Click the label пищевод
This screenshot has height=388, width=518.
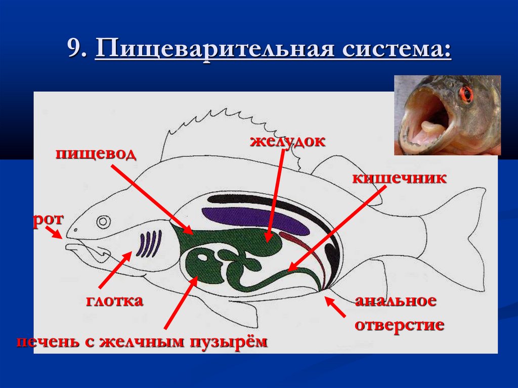click(x=96, y=153)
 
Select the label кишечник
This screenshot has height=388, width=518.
click(x=399, y=178)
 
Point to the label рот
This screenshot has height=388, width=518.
click(x=49, y=220)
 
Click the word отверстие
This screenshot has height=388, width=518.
click(x=399, y=324)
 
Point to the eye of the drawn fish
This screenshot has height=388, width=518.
click(x=104, y=222)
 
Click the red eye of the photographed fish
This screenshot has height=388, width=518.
click(x=466, y=94)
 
